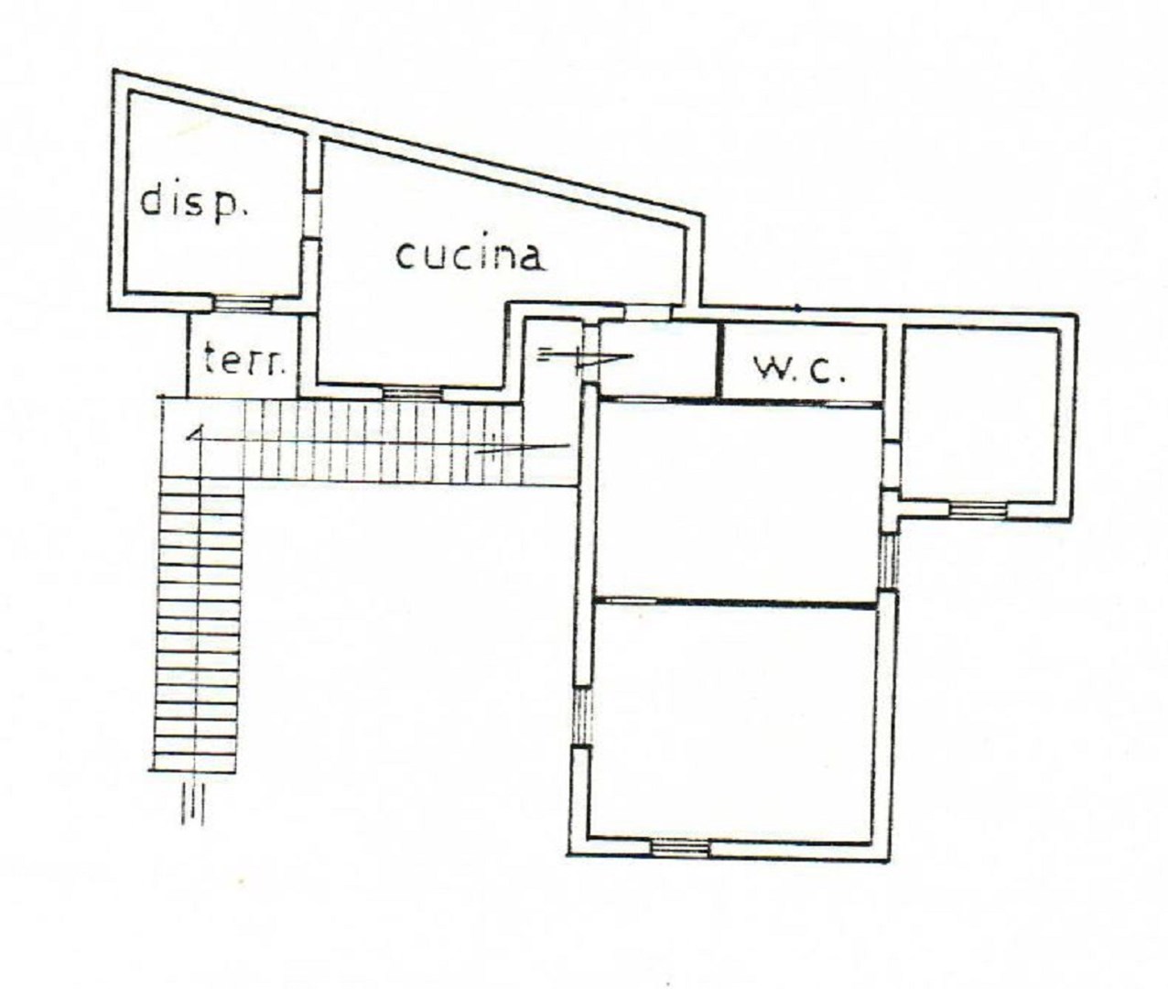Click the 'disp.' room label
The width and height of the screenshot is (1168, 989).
point(194,201)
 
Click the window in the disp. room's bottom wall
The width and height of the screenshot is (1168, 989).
point(244,304)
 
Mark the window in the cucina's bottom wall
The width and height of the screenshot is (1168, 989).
point(413,393)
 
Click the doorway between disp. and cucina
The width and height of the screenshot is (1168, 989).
point(313,214)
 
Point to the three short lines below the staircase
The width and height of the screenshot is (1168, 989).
point(192,804)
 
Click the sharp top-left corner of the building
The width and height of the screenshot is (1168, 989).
point(114,71)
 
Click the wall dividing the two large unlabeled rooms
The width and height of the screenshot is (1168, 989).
point(735,603)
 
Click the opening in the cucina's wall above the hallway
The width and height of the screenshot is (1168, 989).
point(648,312)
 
